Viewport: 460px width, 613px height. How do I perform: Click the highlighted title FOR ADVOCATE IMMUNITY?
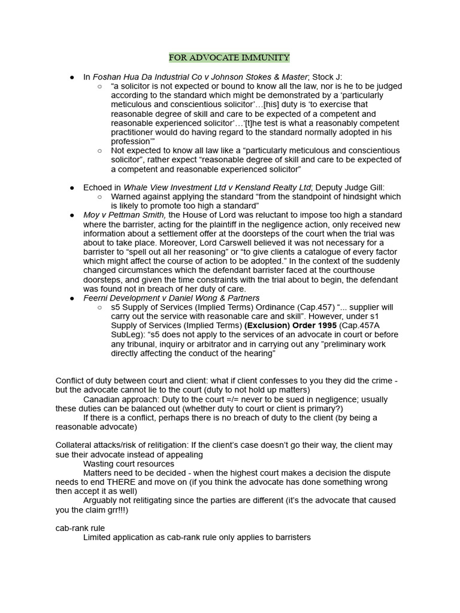[x=229, y=57]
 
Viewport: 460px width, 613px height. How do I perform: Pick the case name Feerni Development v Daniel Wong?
[x=162, y=298]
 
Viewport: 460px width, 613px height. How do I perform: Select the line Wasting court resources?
[x=129, y=464]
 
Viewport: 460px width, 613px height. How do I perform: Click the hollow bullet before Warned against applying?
[x=99, y=197]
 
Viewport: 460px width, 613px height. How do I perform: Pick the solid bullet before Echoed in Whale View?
[x=72, y=187]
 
